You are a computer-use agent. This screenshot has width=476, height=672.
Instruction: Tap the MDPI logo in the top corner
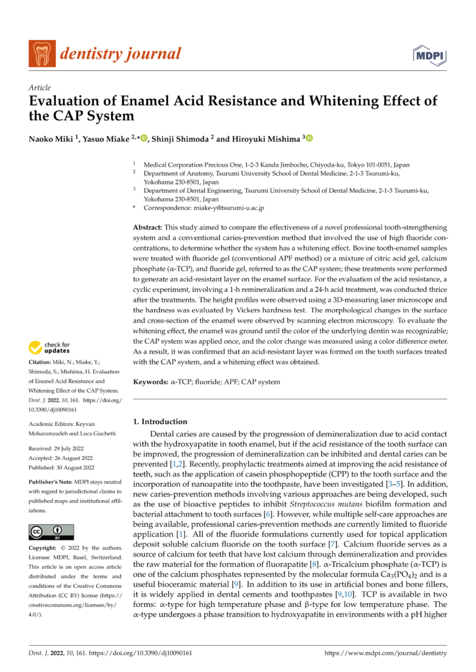(427, 54)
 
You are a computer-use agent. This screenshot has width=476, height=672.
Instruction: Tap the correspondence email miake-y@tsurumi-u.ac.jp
(231, 208)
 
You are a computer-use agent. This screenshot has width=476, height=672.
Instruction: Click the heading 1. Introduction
(160, 421)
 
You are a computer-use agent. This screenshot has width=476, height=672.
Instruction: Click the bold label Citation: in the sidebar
(42, 363)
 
